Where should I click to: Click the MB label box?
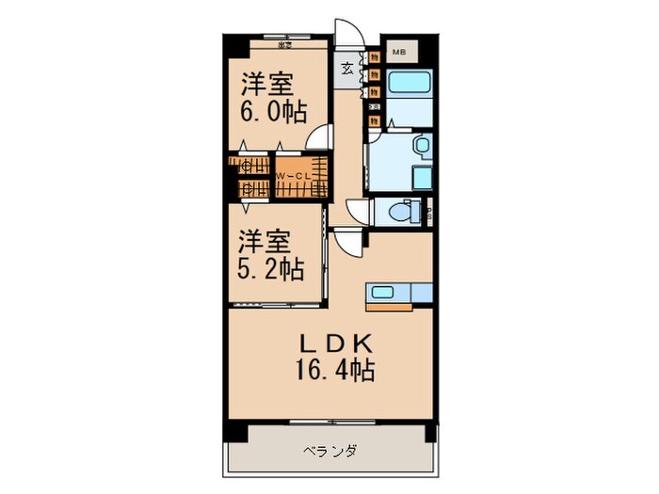398,52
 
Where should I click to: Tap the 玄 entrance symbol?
346,68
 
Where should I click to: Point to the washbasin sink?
422,146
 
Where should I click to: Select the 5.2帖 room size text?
270,271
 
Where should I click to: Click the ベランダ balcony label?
328,451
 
